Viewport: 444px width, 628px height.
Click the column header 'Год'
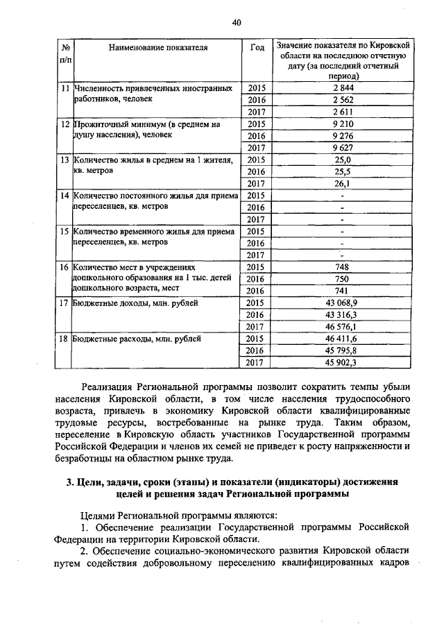pos(257,48)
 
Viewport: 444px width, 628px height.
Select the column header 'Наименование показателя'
pos(158,48)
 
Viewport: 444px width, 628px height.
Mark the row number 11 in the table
pos(65,89)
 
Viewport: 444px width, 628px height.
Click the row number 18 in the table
pos(65,339)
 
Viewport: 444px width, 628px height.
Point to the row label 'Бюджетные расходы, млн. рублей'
pos(136,339)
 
